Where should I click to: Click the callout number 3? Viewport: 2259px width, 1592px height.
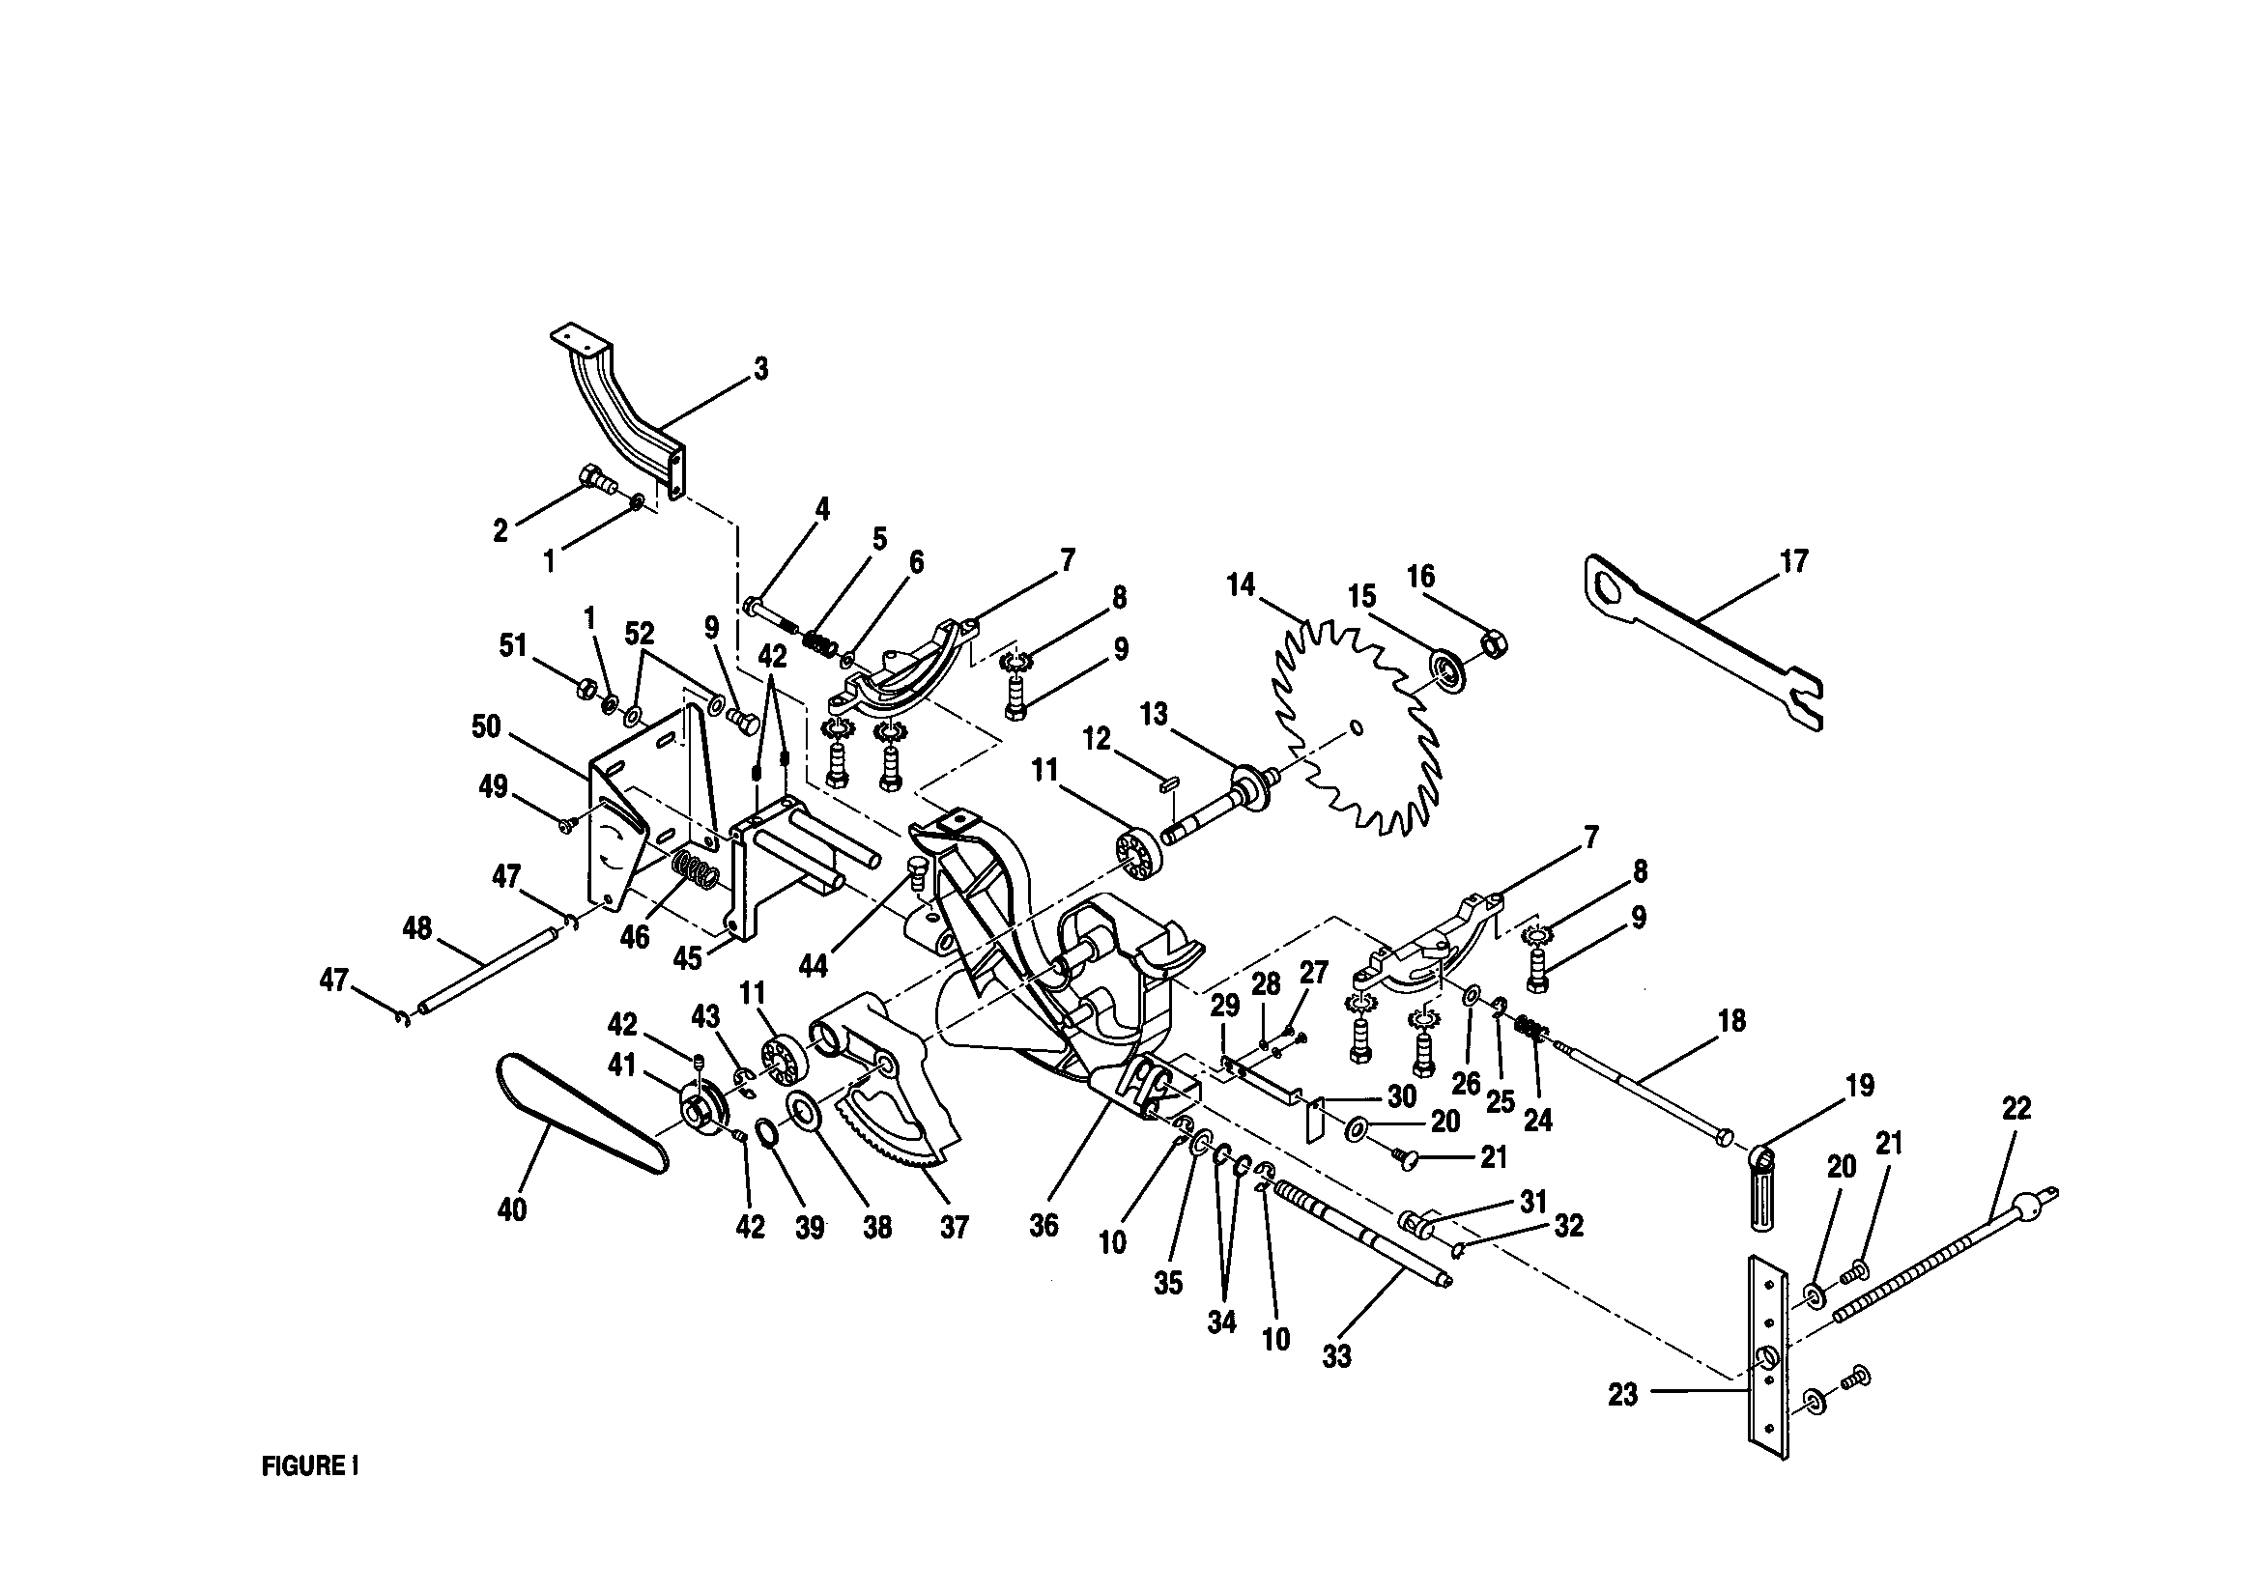tap(760, 370)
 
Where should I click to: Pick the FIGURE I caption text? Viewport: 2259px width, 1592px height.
tap(310, 1467)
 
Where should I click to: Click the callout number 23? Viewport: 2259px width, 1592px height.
tap(1622, 1394)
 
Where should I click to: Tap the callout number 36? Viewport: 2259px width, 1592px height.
tap(1043, 1225)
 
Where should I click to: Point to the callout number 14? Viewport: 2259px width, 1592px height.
tap(1241, 585)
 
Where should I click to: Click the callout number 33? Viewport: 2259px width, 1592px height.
tap(1336, 1356)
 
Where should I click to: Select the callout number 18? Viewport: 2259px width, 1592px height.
tap(1731, 1021)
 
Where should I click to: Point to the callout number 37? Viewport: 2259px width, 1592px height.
tap(954, 1226)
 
